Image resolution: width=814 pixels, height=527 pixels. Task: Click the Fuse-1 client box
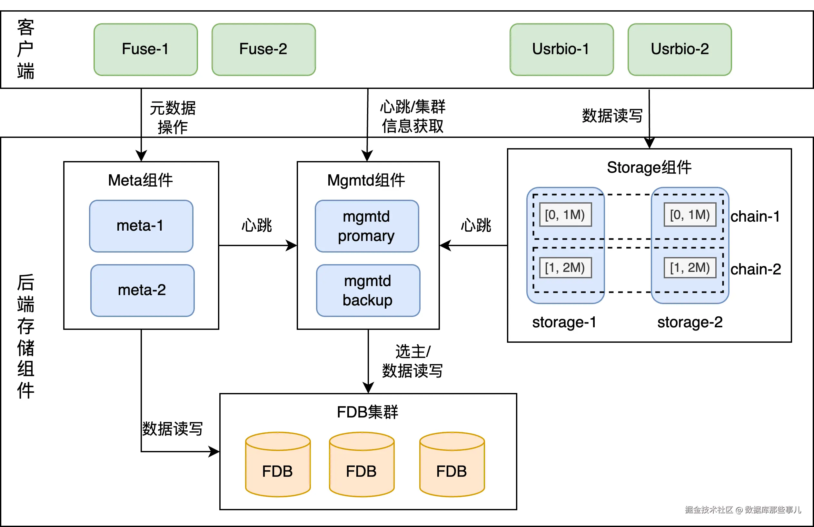[x=146, y=50]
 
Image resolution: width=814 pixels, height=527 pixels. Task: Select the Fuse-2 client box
[x=263, y=50]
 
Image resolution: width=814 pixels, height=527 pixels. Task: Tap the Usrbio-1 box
[x=561, y=50]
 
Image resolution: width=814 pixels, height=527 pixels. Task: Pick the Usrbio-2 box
[x=680, y=50]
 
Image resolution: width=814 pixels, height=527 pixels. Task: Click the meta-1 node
[x=141, y=226]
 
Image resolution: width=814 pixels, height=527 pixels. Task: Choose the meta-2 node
[x=142, y=290]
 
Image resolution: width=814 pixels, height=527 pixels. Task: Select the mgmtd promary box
[x=367, y=226]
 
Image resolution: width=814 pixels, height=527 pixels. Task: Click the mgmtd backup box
[x=368, y=290]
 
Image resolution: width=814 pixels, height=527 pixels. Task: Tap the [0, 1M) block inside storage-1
[x=565, y=215]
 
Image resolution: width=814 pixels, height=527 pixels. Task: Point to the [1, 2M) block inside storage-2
[x=690, y=268]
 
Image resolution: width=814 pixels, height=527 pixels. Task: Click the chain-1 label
[x=755, y=216]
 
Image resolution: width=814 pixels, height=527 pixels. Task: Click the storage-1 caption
[x=564, y=322]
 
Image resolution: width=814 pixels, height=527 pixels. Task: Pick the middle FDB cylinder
[x=362, y=465]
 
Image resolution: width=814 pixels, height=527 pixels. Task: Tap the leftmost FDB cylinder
[x=278, y=465]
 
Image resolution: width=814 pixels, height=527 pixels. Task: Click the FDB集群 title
[x=368, y=412]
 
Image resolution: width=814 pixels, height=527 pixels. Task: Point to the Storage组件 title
[x=649, y=168]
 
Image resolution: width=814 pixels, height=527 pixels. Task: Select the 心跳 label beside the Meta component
[x=257, y=225]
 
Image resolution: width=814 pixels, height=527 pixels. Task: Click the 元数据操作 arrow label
[x=173, y=118]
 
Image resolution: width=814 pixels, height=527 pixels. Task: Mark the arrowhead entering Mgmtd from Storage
[x=445, y=245]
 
